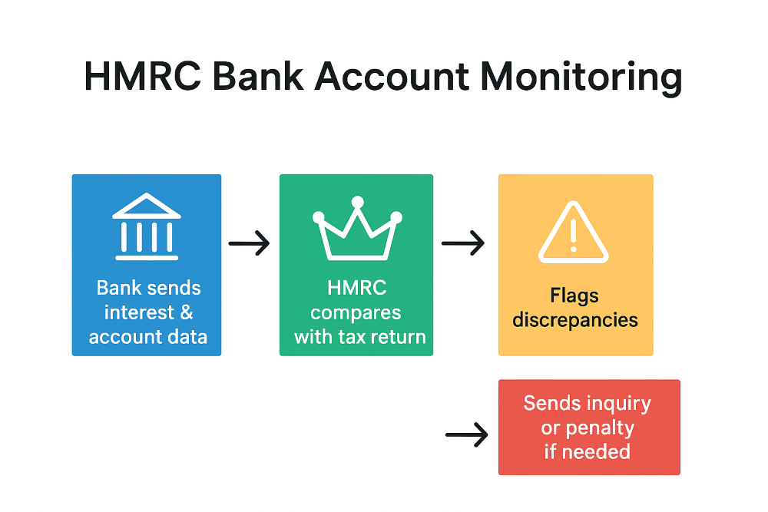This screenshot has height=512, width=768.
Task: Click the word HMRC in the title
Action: pyautogui.click(x=143, y=76)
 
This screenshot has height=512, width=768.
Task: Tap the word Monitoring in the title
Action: pyautogui.click(x=581, y=78)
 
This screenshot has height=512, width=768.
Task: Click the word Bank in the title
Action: pyautogui.click(x=257, y=76)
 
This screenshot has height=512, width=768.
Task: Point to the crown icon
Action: pyautogui.click(x=358, y=228)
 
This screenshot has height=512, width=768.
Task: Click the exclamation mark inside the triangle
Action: pyautogui.click(x=574, y=234)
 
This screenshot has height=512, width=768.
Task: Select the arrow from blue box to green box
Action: pyautogui.click(x=249, y=243)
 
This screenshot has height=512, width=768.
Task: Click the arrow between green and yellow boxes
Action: pyautogui.click(x=463, y=243)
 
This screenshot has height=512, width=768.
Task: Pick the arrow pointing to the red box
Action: pyautogui.click(x=467, y=434)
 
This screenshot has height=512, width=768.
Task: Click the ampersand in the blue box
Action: pyautogui.click(x=186, y=312)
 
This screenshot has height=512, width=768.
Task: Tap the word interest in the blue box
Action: pyautogui.click(x=139, y=312)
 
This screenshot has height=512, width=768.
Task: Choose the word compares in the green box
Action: pyautogui.click(x=356, y=313)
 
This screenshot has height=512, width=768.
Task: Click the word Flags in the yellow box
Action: pyautogui.click(x=574, y=296)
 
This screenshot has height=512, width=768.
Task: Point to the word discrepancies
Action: pyautogui.click(x=575, y=321)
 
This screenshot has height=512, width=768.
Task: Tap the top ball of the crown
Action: pyautogui.click(x=358, y=202)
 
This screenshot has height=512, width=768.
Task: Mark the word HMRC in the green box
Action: pyautogui.click(x=357, y=288)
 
